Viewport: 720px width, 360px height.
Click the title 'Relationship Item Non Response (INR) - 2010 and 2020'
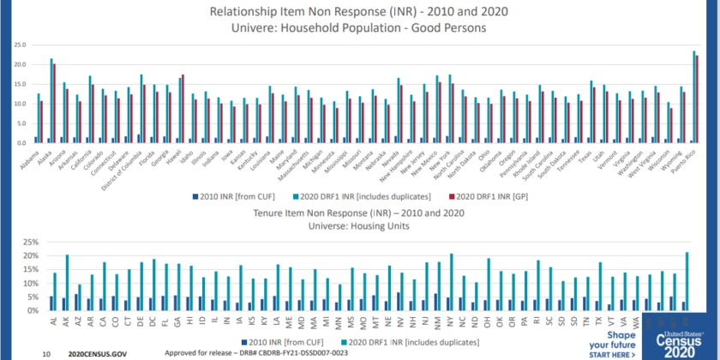pos(359,12)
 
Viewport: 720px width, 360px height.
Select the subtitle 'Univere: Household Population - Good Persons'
pos(359,27)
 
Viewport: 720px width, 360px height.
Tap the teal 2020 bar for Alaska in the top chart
pos(51,101)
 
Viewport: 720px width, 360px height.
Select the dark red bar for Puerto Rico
pos(697,99)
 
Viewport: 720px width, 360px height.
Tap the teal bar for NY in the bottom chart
pos(452,282)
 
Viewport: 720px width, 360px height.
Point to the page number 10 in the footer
pos(45,352)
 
